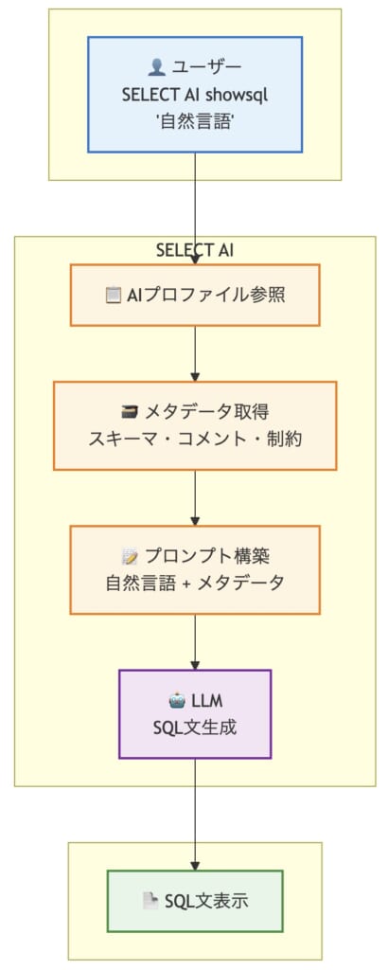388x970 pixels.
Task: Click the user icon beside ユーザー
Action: coord(157,67)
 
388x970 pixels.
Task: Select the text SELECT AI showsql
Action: coord(195,95)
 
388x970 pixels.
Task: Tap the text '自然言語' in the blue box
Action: coord(195,122)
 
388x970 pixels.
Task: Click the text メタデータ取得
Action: coord(205,412)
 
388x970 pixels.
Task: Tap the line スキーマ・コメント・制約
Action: coord(195,440)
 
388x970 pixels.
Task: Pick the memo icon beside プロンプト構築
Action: coord(130,556)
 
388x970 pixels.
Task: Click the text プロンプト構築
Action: coord(205,556)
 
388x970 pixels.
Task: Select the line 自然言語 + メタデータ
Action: coord(195,584)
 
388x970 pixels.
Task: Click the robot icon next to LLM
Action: coord(177,700)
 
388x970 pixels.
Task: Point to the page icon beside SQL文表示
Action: coord(150,902)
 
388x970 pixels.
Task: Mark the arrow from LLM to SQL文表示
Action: coord(195,815)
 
